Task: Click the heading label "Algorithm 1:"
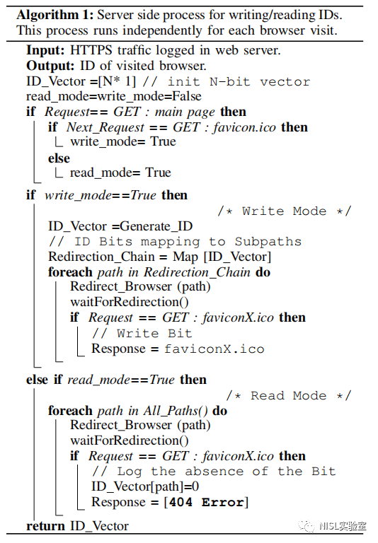55,15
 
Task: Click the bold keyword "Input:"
45,51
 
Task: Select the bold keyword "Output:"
50,66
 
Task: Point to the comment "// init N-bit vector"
227,82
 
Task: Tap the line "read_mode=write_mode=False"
114,96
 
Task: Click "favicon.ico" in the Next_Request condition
244,127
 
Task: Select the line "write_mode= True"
123,141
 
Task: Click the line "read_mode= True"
120,173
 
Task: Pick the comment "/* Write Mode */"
285,211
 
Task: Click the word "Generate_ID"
156,226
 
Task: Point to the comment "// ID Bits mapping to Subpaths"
175,241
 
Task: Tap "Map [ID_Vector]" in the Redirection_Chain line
222,257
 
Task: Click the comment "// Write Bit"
142,333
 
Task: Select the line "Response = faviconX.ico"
178,349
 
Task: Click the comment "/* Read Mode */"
289,395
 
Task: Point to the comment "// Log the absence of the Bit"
214,472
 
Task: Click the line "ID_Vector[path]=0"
145,487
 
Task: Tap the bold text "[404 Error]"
206,502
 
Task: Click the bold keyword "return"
45,526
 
